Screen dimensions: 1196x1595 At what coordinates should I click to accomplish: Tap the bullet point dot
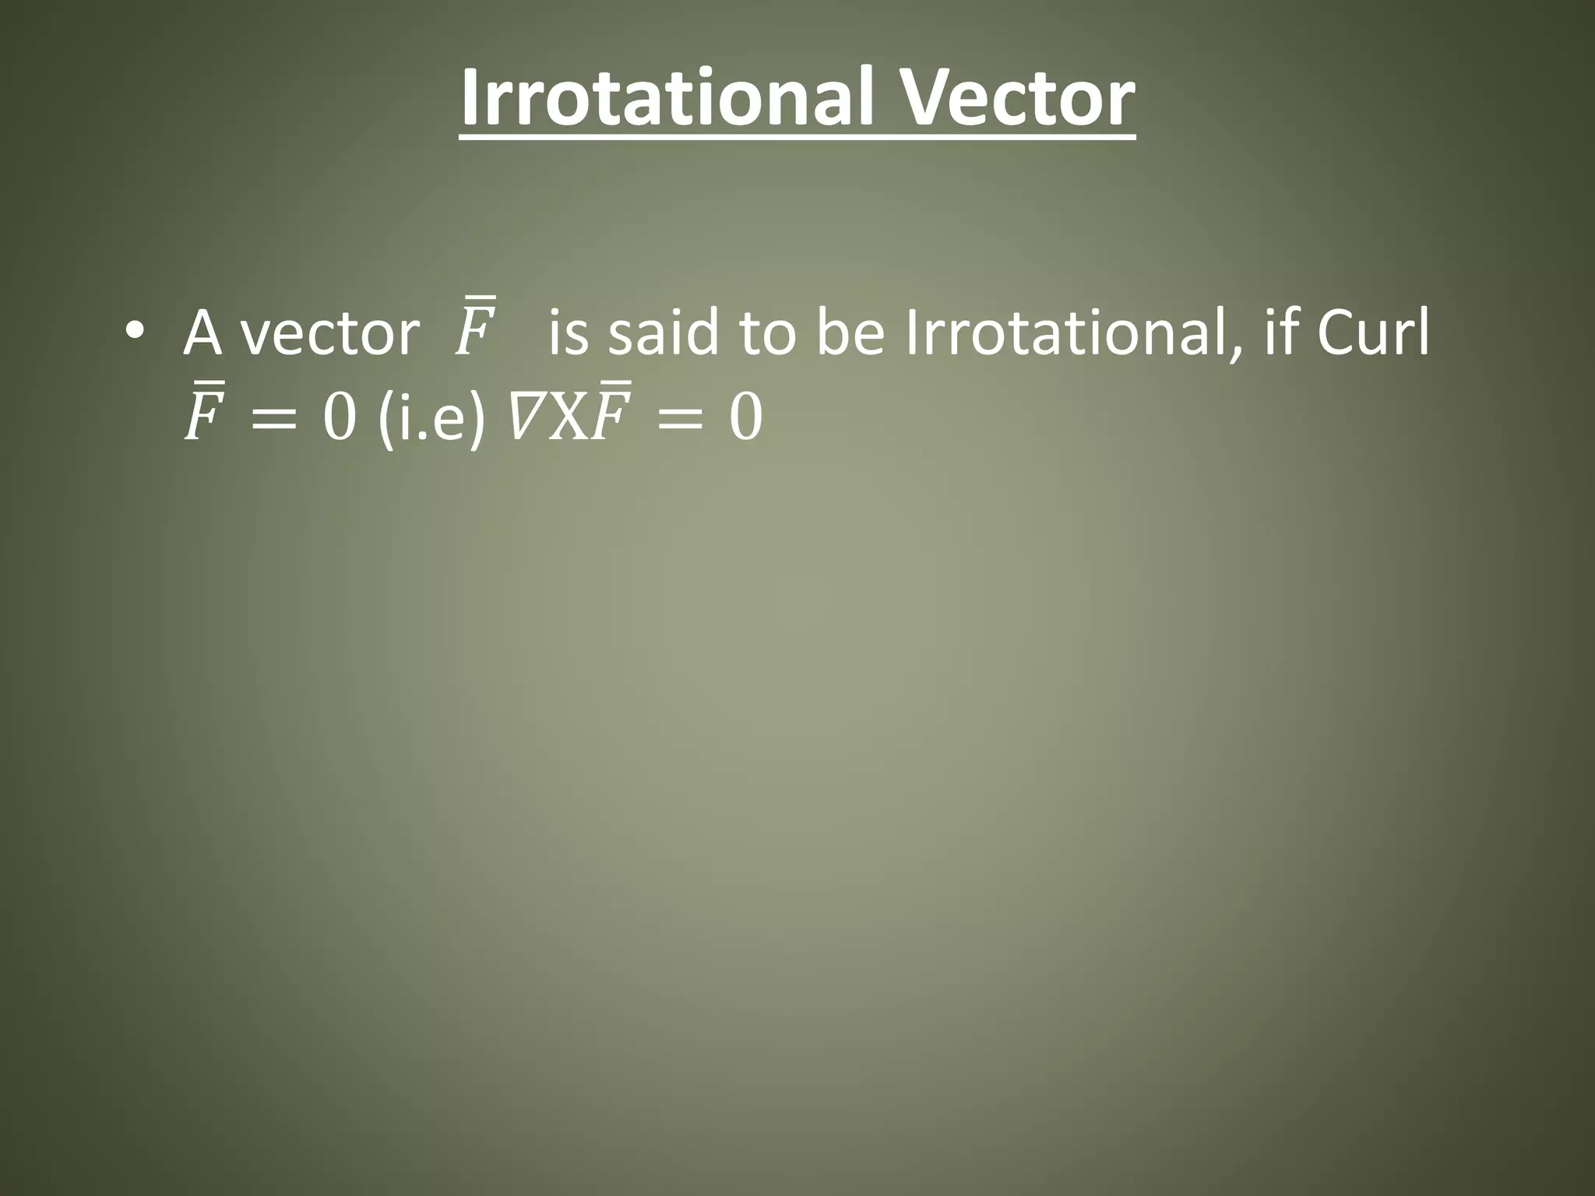tap(134, 330)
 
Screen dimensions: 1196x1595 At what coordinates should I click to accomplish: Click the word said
tap(663, 333)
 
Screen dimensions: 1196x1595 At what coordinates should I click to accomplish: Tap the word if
tap(1280, 333)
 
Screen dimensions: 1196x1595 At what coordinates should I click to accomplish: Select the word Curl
tap(1373, 333)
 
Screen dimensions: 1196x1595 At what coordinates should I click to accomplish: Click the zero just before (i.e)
tap(340, 419)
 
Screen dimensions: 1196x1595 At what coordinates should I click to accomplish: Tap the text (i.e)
tap(431, 419)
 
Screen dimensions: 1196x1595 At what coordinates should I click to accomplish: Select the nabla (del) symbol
tap(525, 419)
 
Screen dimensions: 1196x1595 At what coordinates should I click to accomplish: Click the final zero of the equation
tap(745, 419)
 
